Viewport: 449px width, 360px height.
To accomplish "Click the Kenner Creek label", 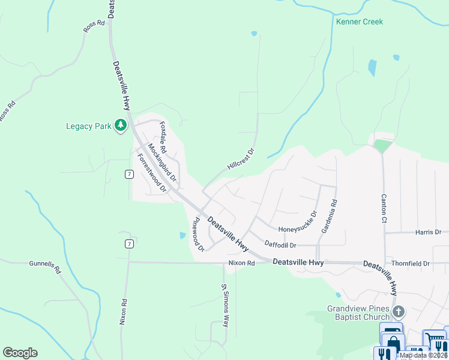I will coord(360,22).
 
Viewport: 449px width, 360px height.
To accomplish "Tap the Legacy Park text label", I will coord(88,126).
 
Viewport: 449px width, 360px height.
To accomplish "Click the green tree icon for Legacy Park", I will coord(121,125).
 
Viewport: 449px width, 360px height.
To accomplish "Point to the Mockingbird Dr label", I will coord(162,163).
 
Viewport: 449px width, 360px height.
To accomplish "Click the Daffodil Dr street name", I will coord(280,245).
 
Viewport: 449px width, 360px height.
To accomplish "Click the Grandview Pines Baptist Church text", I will coord(358,313).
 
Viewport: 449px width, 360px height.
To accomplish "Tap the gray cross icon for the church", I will coord(399,311).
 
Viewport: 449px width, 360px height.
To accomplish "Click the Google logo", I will coord(20,353).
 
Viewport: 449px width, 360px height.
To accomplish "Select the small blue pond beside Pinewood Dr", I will coord(182,236).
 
